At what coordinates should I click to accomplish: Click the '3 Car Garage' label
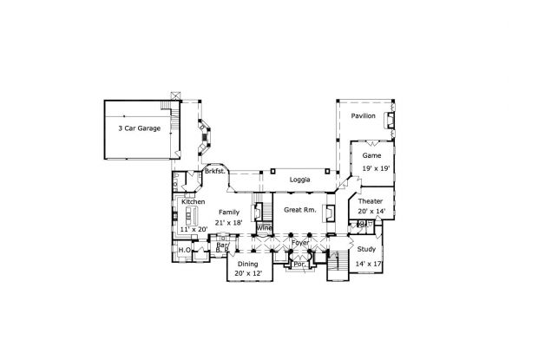[x=139, y=128]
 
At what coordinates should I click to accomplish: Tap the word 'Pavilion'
[x=363, y=115]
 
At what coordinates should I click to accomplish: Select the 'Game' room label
[x=371, y=154]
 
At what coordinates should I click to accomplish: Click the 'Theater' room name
[x=371, y=200]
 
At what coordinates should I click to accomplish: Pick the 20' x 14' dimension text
[x=371, y=212]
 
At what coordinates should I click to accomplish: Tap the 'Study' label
[x=366, y=250]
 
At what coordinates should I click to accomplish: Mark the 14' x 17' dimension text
[x=369, y=263]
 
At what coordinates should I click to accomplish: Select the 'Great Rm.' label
[x=299, y=211]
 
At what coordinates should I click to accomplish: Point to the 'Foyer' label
[x=300, y=244]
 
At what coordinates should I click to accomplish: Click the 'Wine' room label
[x=264, y=227]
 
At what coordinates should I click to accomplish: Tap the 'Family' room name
[x=229, y=212]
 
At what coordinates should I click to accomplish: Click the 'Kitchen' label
[x=194, y=201]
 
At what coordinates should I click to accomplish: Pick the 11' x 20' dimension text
[x=195, y=228]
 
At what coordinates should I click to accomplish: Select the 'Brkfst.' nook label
[x=215, y=173]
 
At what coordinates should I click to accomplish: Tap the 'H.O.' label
[x=185, y=251]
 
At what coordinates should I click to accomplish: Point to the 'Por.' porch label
[x=299, y=263]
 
